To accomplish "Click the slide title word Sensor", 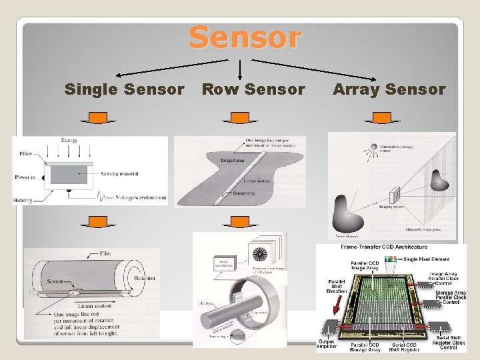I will point(245,37).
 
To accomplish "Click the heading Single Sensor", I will point(124,89).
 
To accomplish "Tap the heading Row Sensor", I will point(253,89).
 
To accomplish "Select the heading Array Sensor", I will point(389,89).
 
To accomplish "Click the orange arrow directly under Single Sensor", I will point(97,118).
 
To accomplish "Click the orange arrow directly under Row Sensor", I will point(235,118).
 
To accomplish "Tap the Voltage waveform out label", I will point(141,198).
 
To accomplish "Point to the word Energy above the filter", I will point(69,141).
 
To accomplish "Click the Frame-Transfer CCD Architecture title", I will point(384,247).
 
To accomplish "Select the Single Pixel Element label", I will point(431,259).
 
